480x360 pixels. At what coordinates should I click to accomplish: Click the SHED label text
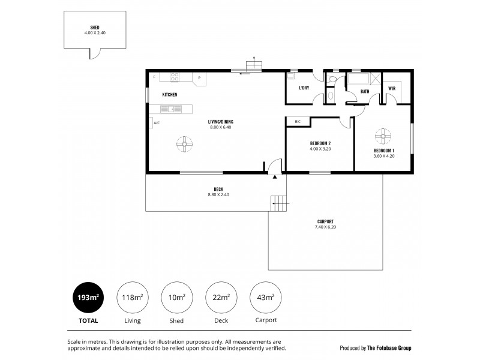pyautogui.click(x=95, y=28)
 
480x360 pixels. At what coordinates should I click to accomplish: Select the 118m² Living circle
pyautogui.click(x=133, y=298)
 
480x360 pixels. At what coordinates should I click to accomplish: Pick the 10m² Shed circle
pyautogui.click(x=177, y=298)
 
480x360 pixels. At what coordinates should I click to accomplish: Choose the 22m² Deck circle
pyautogui.click(x=221, y=298)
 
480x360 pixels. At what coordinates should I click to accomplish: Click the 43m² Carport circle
pyautogui.click(x=265, y=298)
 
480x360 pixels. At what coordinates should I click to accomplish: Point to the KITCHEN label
pyautogui.click(x=170, y=95)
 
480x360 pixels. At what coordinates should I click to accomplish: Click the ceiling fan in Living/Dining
pyautogui.click(x=185, y=143)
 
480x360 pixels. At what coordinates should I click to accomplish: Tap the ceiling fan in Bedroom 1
pyautogui.click(x=383, y=136)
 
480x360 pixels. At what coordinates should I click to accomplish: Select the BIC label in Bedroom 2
pyautogui.click(x=297, y=122)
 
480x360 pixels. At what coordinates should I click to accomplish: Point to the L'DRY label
pyautogui.click(x=304, y=88)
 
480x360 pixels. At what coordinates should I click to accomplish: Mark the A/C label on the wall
pyautogui.click(x=157, y=123)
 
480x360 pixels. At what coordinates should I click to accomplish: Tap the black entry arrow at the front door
pyautogui.click(x=275, y=177)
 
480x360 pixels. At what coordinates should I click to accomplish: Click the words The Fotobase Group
pyautogui.click(x=389, y=348)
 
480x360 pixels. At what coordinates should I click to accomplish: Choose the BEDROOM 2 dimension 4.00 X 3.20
pyautogui.click(x=320, y=149)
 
